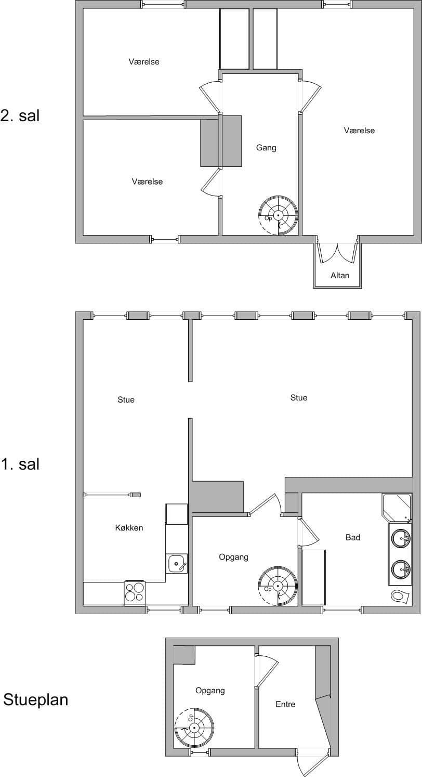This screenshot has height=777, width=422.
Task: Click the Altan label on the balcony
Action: tap(340, 276)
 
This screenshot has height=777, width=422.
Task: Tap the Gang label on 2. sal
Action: tap(266, 148)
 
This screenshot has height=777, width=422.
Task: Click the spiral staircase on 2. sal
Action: tap(278, 216)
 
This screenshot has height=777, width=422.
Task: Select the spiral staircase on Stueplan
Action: tap(194, 728)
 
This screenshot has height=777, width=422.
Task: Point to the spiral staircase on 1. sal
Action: tap(278, 587)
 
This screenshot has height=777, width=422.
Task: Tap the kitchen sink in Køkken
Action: tap(177, 563)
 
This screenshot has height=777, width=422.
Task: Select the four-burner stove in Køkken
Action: tap(135, 592)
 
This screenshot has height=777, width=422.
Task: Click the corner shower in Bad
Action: tap(397, 508)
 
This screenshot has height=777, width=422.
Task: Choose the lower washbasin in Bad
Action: tap(401, 569)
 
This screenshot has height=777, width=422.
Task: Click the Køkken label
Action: tap(129, 527)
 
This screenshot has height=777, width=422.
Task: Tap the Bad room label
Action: tap(353, 537)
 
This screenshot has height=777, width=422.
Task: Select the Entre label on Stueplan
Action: tap(285, 704)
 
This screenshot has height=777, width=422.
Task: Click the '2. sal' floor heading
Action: tap(20, 115)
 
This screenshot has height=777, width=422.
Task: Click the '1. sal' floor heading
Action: tap(20, 464)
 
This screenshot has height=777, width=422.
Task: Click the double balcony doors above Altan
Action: tap(338, 253)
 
